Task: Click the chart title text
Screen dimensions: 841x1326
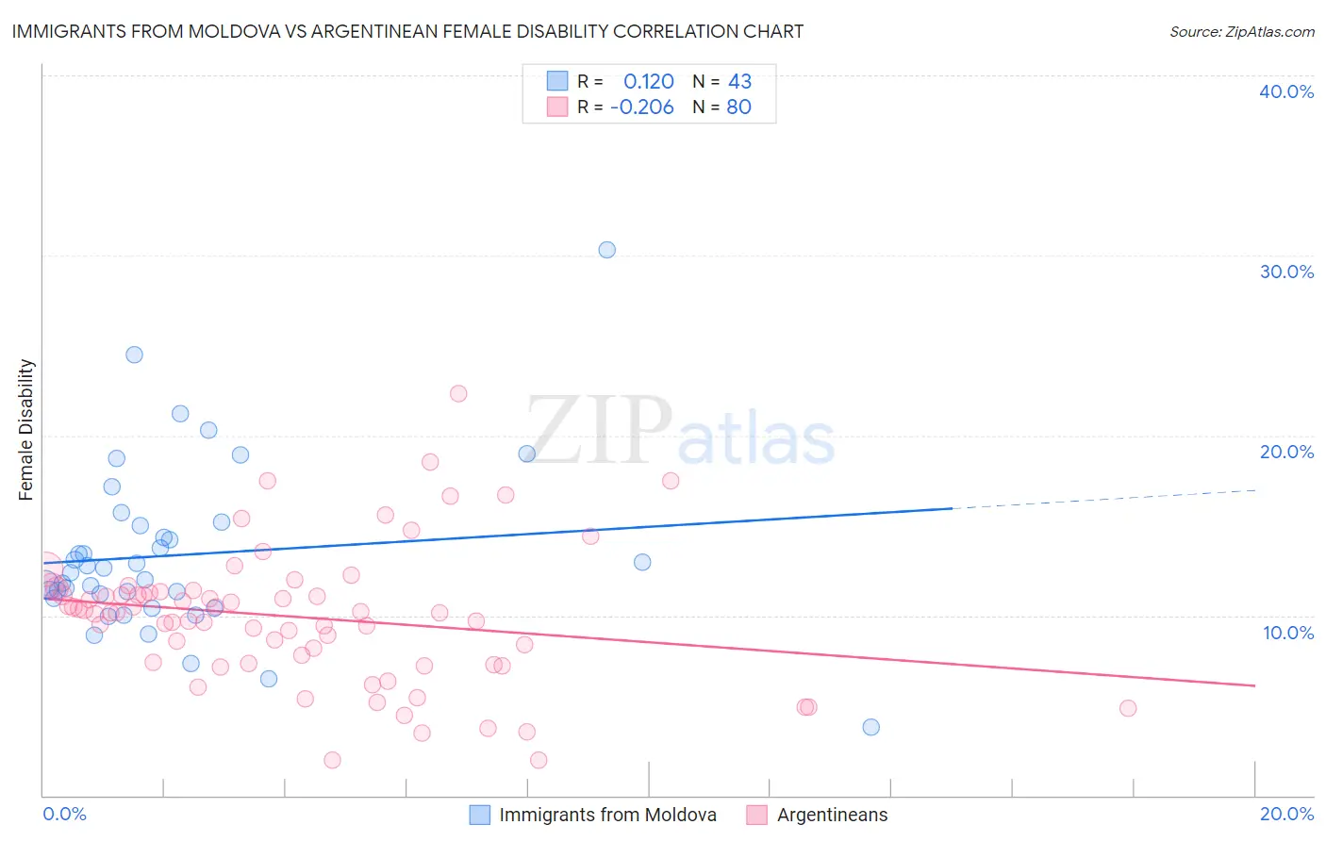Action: coord(407,31)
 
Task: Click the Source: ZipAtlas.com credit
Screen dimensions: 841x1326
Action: coord(1241,31)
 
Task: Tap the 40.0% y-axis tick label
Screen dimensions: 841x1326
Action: coord(1286,91)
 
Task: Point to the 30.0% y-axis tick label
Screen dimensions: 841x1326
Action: coord(1286,272)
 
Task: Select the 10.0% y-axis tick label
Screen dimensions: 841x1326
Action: coord(1288,633)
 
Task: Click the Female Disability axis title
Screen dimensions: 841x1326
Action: coord(26,430)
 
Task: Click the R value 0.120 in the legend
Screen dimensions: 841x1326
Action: coord(649,81)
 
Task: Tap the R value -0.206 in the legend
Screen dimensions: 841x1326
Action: coord(642,107)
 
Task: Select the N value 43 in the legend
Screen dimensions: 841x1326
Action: coord(739,81)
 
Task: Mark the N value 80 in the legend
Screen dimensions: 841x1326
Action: coord(738,107)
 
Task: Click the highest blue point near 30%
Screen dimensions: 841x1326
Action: coord(606,250)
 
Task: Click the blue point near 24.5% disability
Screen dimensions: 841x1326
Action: coord(134,355)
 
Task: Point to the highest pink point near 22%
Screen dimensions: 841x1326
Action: coord(458,393)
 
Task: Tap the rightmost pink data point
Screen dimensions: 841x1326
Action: coord(1128,708)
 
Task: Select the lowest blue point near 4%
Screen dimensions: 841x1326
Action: coord(870,727)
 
